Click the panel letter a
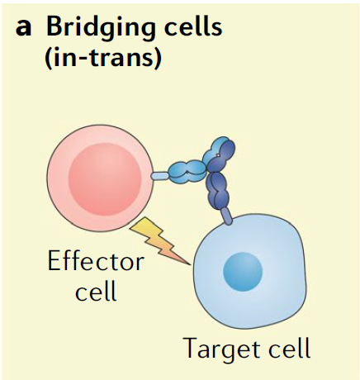pyautogui.click(x=23, y=28)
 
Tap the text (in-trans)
pyautogui.click(x=102, y=59)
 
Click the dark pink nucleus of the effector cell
pyautogui.click(x=105, y=179)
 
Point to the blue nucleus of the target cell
pyautogui.click(x=243, y=272)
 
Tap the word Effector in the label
pyautogui.click(x=96, y=261)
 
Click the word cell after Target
pyautogui.click(x=290, y=348)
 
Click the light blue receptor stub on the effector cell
pyautogui.click(x=160, y=175)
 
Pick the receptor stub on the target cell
pyautogui.click(x=227, y=216)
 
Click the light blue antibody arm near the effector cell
pyautogui.click(x=188, y=172)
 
